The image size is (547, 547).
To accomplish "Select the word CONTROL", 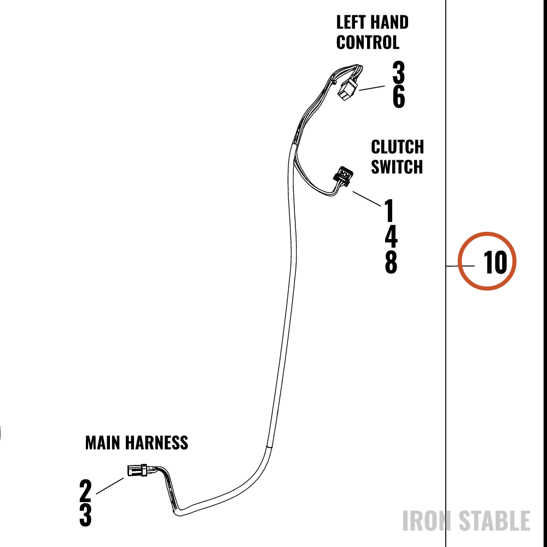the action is [368, 43].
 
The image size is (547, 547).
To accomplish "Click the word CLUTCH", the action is [397, 147].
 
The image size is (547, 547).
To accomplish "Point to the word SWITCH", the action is [397, 167].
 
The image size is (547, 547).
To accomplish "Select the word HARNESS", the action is [156, 443].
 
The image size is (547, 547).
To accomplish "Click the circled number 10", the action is [495, 263].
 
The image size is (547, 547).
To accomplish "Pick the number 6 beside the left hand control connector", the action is [399, 96].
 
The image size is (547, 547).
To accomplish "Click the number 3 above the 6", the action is [398, 72].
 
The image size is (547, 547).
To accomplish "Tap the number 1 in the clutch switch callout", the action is [389, 210].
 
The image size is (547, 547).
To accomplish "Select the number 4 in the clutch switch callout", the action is [391, 236].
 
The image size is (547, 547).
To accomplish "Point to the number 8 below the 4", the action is [391, 263].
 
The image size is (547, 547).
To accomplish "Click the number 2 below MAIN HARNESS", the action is [85, 491].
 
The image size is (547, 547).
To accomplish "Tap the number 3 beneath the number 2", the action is [85, 515].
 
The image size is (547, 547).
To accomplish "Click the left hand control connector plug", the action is [347, 90].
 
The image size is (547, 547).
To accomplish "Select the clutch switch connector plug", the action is [344, 177].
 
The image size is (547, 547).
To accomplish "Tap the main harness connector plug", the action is [138, 470].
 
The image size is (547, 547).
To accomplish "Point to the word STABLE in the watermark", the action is [494, 521].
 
